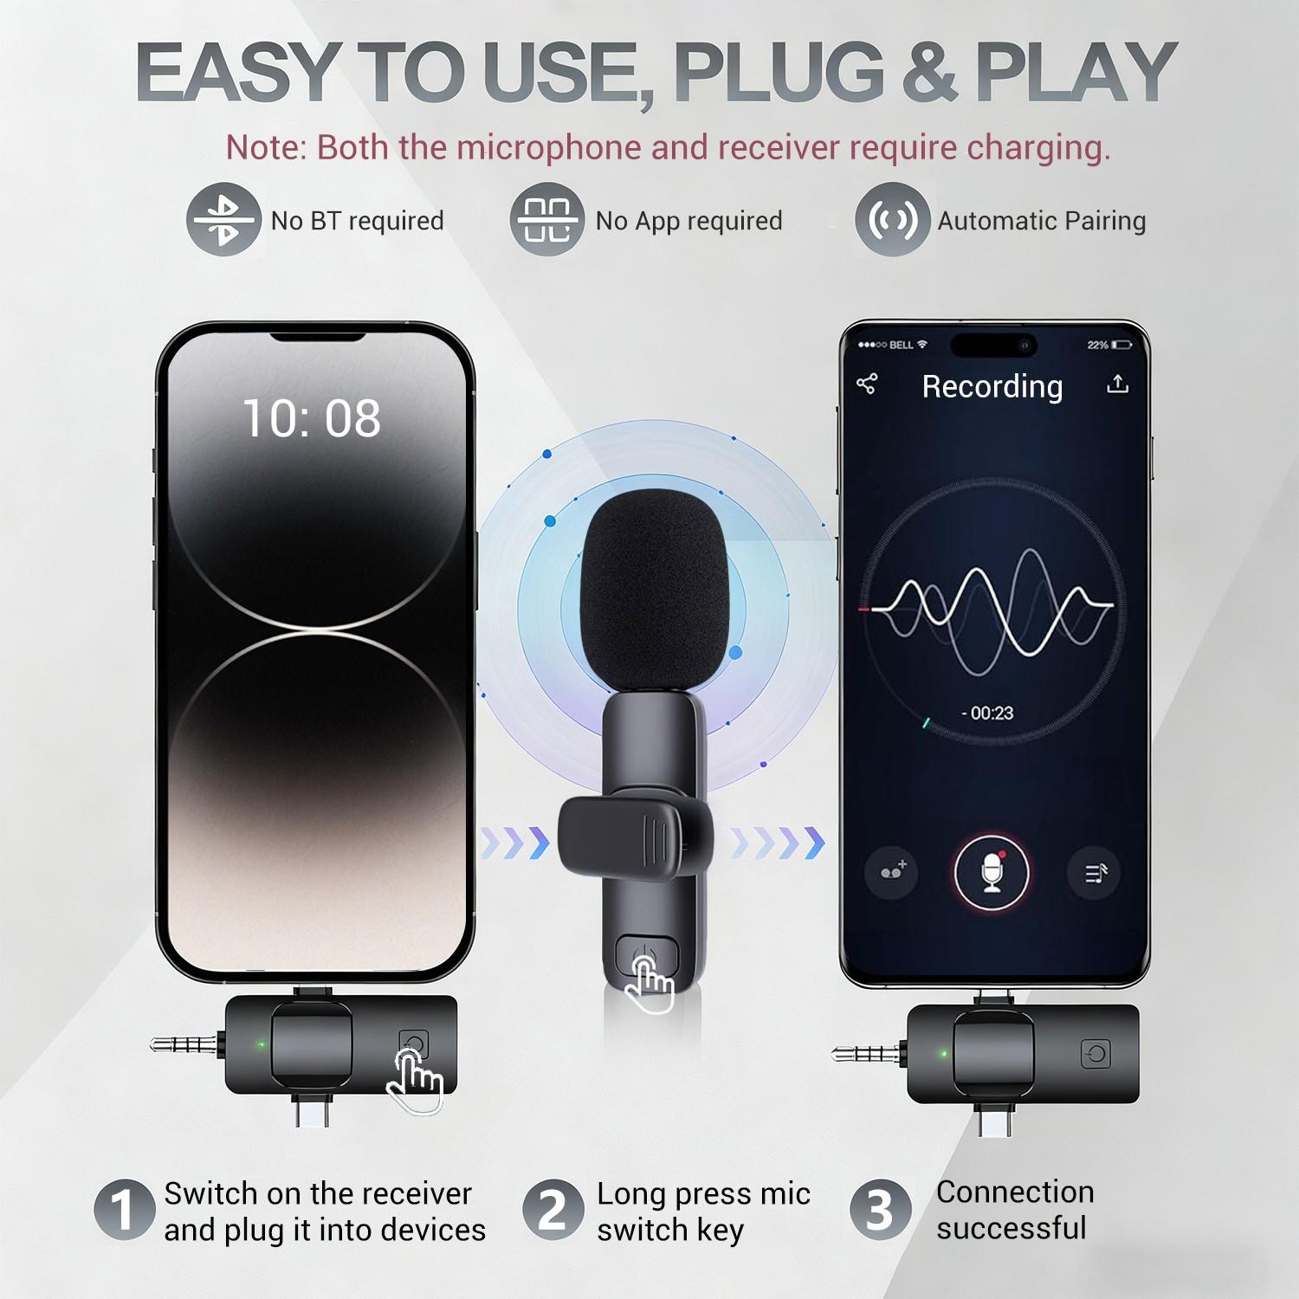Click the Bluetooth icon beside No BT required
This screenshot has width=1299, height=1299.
coord(223,220)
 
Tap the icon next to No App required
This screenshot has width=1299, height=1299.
coord(546,220)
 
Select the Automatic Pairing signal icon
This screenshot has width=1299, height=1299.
coord(892,220)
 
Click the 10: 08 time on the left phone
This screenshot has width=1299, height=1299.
coord(311,419)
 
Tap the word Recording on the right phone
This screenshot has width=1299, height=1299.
coord(992,386)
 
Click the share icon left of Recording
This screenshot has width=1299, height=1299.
coord(867,384)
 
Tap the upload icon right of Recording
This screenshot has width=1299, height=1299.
coord(1117,384)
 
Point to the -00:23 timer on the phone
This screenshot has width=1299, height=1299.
coord(988,713)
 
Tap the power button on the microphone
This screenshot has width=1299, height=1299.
coord(646,958)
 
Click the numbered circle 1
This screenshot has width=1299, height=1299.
coord(125,1209)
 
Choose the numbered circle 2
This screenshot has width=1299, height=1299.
coord(553,1209)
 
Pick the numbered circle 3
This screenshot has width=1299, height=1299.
coord(880,1209)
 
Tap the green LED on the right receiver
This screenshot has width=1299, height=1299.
coord(944,1054)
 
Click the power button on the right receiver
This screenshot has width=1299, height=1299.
coord(1096,1054)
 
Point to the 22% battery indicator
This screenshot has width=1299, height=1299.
coord(1109,345)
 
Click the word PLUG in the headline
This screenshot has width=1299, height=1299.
coord(779,73)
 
